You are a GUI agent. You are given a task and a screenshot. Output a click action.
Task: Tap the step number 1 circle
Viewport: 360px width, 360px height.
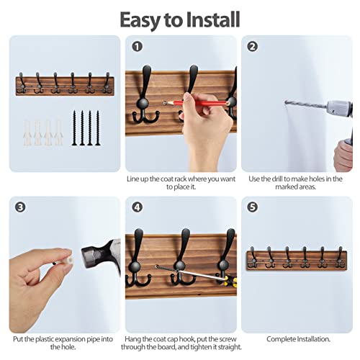coord(138,47)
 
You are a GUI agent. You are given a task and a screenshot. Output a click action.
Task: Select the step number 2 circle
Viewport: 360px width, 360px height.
coord(253,47)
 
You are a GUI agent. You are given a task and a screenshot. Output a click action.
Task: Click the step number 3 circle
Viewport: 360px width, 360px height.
coord(20,207)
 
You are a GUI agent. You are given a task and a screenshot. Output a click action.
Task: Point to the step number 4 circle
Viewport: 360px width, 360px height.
coord(138,207)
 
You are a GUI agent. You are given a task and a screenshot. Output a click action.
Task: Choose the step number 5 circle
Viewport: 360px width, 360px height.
coord(253,207)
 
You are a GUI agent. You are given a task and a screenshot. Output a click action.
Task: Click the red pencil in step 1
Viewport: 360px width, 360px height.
coord(196,103)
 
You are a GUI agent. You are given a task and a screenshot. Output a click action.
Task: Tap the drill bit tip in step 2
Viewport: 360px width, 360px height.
coord(286,102)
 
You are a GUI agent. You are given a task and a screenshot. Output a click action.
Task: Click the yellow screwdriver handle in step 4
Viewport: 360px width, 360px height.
coord(230,281)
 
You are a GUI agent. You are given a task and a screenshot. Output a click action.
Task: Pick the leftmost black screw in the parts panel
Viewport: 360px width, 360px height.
coord(74,127)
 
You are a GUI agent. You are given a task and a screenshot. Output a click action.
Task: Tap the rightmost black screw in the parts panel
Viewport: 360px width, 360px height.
coord(98,127)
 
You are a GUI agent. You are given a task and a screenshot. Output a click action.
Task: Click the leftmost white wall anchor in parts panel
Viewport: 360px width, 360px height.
coord(27,133)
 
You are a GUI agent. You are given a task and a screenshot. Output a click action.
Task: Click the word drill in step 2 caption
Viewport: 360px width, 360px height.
coord(276,179)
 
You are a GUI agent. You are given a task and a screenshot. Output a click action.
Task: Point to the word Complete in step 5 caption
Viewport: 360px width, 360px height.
coord(281,339)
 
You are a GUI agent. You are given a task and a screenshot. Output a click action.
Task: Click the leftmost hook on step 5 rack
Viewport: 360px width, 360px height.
coord(252,257)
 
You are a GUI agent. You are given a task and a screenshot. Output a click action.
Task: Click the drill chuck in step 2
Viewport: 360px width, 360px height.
coord(339,109)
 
